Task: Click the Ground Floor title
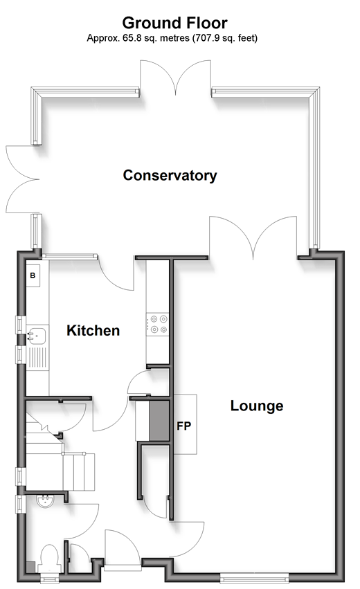point(174,23)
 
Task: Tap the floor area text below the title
point(172,38)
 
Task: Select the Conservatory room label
point(170,175)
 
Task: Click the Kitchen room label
point(93,331)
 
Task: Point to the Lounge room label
point(257,406)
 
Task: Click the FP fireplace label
point(184,426)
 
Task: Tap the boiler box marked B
point(33,275)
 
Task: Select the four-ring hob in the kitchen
point(157,324)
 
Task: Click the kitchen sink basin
point(37,336)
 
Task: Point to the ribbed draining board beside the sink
point(37,357)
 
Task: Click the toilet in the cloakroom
point(50,558)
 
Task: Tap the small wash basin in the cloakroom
point(45,501)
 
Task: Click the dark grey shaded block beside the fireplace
point(159,421)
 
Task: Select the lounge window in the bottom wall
point(254,577)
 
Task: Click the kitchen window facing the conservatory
point(69,256)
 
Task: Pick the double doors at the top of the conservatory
point(175,78)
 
